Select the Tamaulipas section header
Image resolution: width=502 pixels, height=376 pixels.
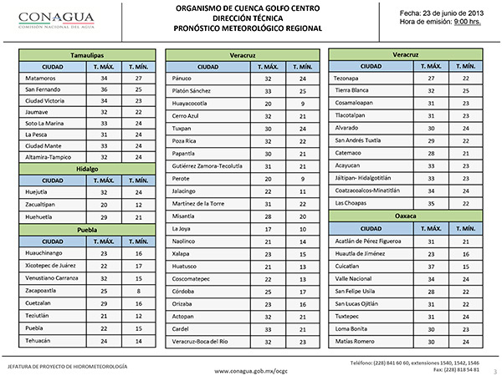point(87,53)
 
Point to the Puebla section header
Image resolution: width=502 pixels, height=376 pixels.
point(87,227)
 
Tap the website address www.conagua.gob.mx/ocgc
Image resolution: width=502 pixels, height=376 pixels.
point(250,368)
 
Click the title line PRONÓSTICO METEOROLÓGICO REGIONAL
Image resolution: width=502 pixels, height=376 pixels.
point(250,28)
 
